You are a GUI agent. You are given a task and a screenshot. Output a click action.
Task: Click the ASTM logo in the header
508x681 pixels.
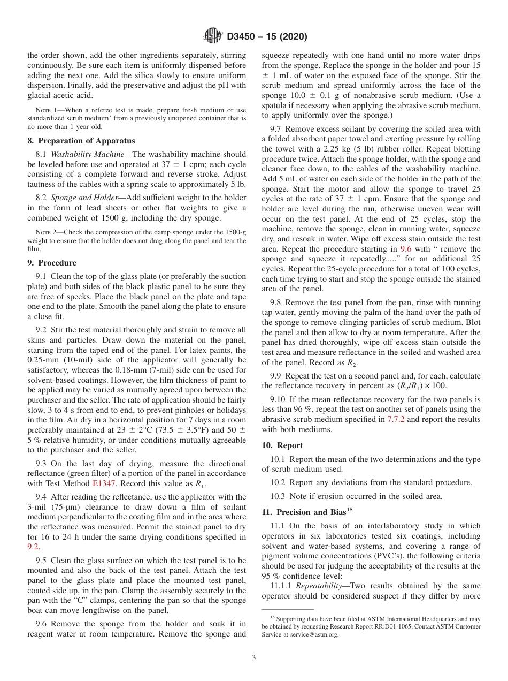[212, 36]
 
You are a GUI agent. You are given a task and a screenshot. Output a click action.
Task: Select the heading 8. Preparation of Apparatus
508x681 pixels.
[81, 141]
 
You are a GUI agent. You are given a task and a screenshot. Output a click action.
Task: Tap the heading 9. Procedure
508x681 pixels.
[52, 263]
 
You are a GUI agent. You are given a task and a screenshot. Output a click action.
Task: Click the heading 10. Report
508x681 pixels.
[282, 445]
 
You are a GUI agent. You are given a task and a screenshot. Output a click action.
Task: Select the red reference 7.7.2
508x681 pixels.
[397, 420]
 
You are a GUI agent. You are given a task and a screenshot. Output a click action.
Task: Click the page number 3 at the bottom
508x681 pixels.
[253, 658]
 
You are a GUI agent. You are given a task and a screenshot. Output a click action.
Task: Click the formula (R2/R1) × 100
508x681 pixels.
[420, 385]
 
